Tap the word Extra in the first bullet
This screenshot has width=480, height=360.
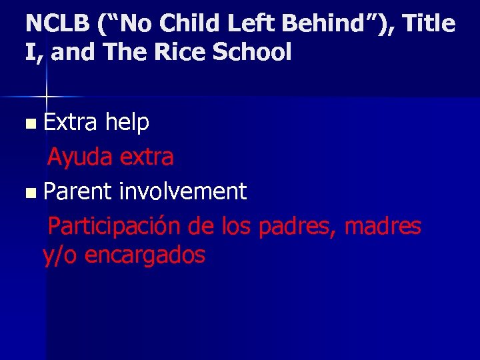[x=70, y=122]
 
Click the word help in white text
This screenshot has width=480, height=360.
[x=127, y=122]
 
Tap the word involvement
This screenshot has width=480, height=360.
[x=183, y=191]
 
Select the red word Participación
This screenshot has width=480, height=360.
[x=114, y=226]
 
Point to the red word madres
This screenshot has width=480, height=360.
[x=383, y=226]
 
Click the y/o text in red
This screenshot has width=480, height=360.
[x=59, y=255]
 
